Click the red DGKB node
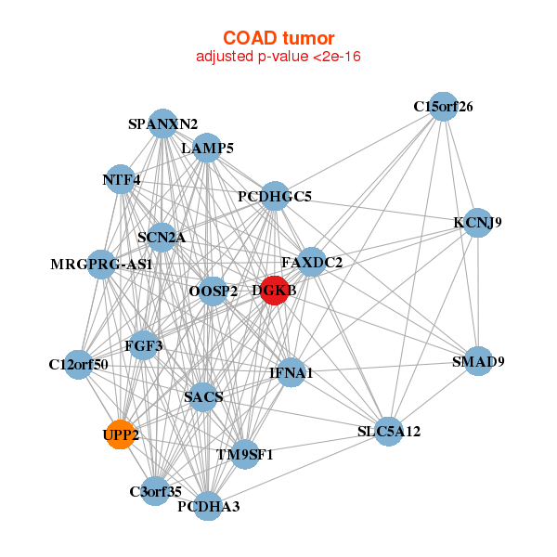coord(274,290)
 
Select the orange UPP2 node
coord(121,434)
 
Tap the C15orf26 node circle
coord(444,107)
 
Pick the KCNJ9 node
coord(477,223)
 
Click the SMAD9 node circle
coord(477,361)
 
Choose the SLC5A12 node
coord(389,431)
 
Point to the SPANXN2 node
coord(163,123)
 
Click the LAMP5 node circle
coord(207,148)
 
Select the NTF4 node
coord(121,179)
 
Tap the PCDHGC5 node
coord(275,196)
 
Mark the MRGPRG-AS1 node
coord(101,265)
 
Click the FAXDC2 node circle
coord(311,263)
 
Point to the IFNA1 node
coord(291,372)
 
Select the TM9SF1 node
coord(244,454)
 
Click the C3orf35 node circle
coord(155,490)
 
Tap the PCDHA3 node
coord(209,506)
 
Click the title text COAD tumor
coord(278,38)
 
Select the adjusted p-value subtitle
coord(278,57)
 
